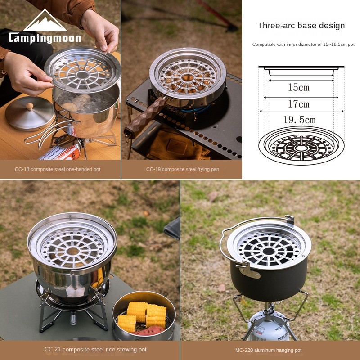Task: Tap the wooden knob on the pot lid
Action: (x=29, y=106)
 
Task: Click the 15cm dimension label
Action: (x=299, y=87)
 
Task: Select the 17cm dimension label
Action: (x=299, y=104)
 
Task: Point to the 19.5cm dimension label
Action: (x=299, y=120)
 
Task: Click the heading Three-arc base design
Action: (x=301, y=26)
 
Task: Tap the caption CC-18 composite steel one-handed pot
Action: (x=58, y=169)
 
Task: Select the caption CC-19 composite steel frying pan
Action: (x=183, y=169)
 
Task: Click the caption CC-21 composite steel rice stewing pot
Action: (x=95, y=350)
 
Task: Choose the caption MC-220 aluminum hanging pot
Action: (x=268, y=350)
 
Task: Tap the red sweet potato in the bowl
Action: (x=149, y=331)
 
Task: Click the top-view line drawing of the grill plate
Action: (x=301, y=146)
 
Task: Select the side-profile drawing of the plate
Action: (x=301, y=71)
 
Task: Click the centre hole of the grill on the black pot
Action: (x=269, y=251)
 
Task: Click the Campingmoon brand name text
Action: (x=45, y=38)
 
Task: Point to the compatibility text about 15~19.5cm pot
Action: (x=303, y=45)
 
